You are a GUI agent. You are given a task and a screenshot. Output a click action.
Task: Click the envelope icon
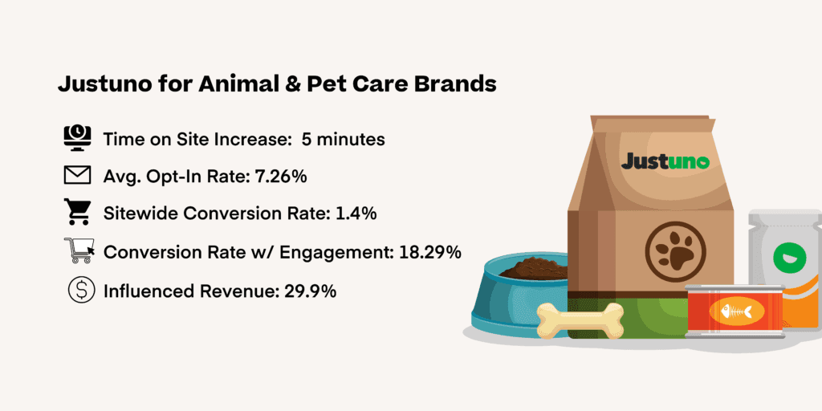pyautogui.click(x=78, y=176)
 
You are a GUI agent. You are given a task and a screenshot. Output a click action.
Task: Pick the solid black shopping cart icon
pyautogui.click(x=76, y=212)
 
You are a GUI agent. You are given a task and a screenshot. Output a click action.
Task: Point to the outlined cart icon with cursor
pyautogui.click(x=79, y=250)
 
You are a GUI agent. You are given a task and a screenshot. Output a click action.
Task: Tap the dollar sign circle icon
pyautogui.click(x=81, y=290)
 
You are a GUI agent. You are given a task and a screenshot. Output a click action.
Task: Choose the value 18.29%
pyautogui.click(x=430, y=251)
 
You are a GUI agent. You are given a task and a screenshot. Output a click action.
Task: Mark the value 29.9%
pyautogui.click(x=310, y=291)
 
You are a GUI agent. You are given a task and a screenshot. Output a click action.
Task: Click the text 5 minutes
pyautogui.click(x=344, y=140)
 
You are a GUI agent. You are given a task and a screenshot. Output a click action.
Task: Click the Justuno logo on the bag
pyautogui.click(x=665, y=161)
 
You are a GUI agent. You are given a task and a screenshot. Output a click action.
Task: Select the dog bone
pyautogui.click(x=580, y=320)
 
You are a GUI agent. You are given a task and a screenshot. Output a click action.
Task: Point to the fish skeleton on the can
pyautogui.click(x=737, y=312)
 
